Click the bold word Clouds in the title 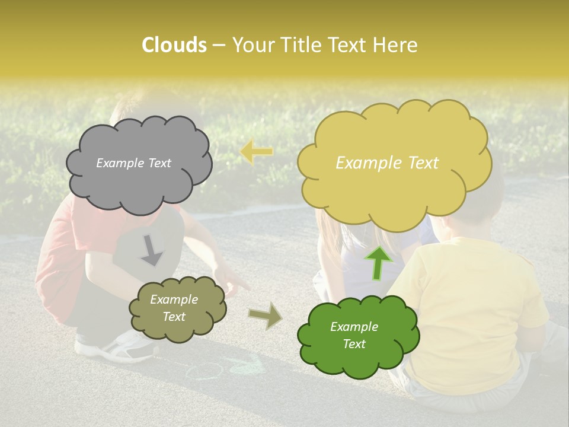[174, 45]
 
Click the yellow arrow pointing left [257, 152]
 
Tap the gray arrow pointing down [152, 250]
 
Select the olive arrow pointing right [265, 316]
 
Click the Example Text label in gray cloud [133, 163]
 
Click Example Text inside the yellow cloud [387, 163]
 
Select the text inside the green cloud [354, 335]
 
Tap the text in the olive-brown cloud [174, 308]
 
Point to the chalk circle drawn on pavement [204, 372]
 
